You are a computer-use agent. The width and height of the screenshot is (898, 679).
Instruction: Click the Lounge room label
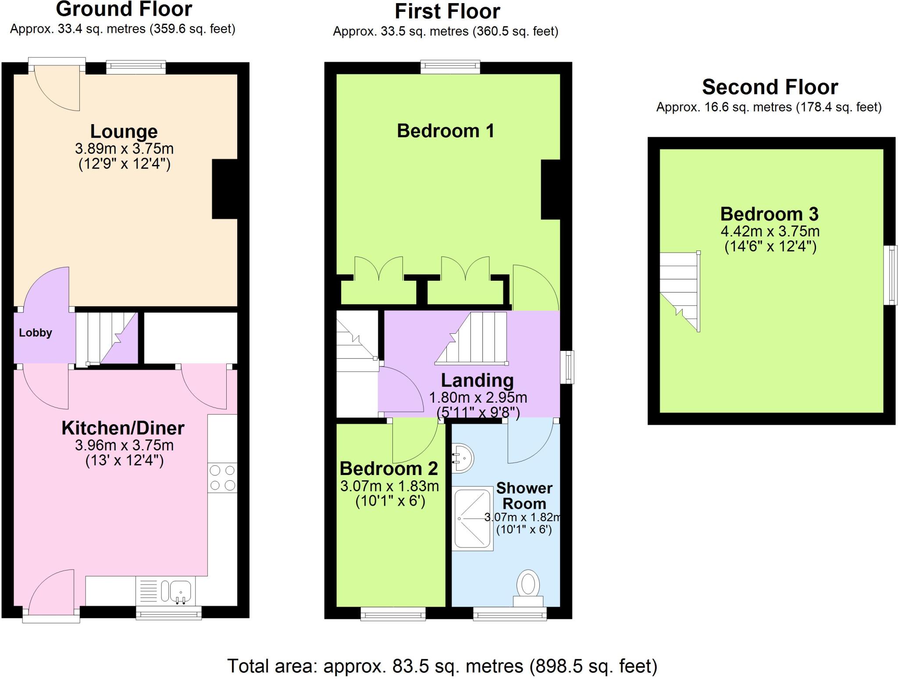tap(124, 132)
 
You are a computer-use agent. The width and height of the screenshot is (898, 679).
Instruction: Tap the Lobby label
tap(36, 333)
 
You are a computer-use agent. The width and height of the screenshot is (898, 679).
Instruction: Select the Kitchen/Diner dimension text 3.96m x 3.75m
tap(124, 445)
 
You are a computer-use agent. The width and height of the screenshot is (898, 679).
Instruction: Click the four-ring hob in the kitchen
tap(222, 478)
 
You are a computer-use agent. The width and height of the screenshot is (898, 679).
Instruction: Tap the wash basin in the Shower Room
tap(462, 458)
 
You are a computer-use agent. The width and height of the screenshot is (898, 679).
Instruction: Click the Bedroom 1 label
tap(445, 131)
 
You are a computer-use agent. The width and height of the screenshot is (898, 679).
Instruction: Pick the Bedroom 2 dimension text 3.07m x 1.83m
tap(389, 486)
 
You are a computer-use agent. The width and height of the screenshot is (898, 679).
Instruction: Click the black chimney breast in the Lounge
tap(224, 189)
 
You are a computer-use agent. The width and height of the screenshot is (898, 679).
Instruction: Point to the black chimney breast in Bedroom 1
tap(550, 189)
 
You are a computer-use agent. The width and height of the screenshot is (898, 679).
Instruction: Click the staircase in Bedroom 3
tap(680, 291)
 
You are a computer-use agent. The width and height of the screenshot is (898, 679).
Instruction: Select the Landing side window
tap(567, 367)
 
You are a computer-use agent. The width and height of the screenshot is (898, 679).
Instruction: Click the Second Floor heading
tap(770, 87)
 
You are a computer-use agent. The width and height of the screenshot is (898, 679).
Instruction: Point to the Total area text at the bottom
tap(442, 666)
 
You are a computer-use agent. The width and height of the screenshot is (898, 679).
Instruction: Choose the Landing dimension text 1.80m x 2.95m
tap(478, 398)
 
